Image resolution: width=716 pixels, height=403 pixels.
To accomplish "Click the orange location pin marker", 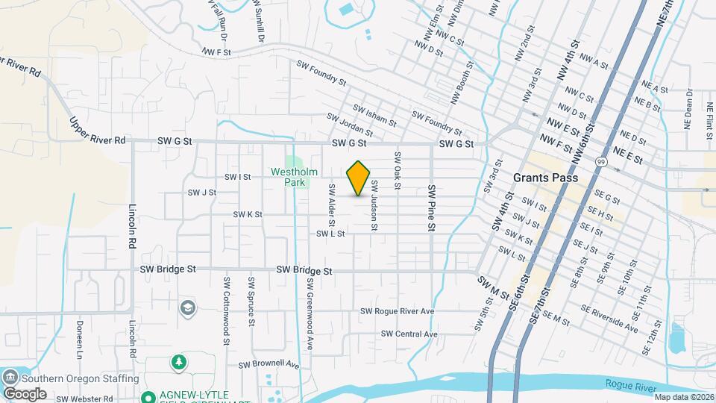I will click(x=359, y=178).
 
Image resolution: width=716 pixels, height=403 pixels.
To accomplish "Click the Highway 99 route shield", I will click(x=600, y=160).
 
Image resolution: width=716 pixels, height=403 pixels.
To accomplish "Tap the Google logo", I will click(x=25, y=393).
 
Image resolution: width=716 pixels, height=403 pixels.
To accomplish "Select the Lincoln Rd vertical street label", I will click(x=132, y=228).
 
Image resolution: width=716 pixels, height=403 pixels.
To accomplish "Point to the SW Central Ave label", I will click(x=409, y=334).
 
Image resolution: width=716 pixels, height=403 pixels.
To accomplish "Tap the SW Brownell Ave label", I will click(x=268, y=365).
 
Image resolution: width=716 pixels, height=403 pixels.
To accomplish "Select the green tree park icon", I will click(x=178, y=363).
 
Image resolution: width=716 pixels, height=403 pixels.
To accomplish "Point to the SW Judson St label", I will click(x=374, y=205).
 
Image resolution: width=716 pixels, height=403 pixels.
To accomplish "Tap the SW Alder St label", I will click(x=332, y=206).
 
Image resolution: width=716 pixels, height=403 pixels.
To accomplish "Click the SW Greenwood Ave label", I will click(x=308, y=314).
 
